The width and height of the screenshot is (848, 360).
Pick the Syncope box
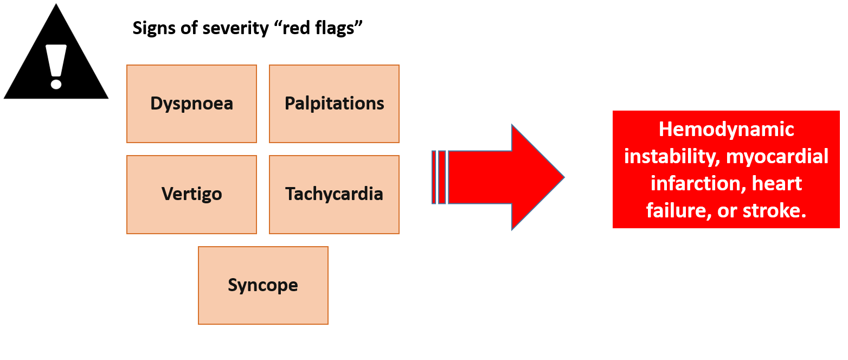(263, 306)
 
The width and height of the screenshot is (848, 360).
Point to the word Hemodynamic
(726, 130)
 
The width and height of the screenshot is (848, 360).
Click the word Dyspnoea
(191, 104)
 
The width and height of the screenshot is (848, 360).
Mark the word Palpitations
(334, 104)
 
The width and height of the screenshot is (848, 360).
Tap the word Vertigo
(191, 194)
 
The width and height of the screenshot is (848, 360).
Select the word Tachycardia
(334, 194)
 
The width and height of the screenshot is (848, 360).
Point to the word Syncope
(263, 285)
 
